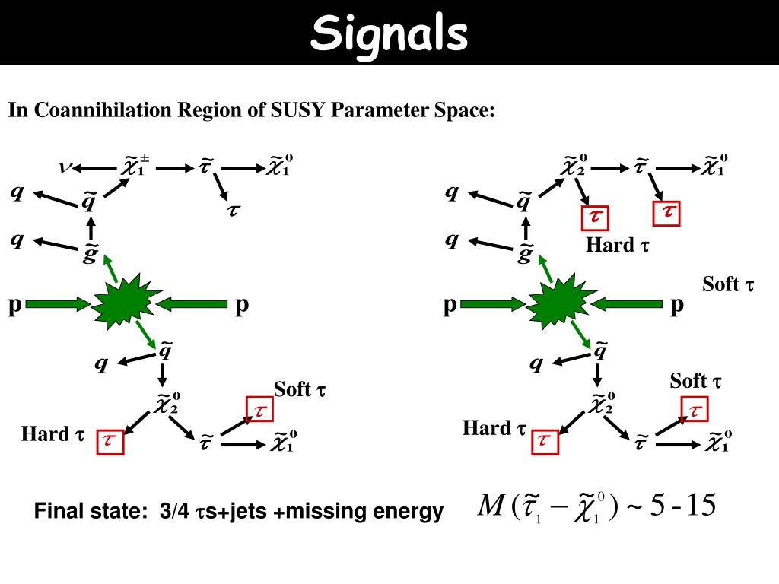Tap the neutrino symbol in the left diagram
click(66, 167)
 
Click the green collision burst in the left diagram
click(122, 304)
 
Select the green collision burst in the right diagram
click(558, 304)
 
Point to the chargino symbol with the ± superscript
click(134, 166)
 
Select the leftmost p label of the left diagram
click(14, 305)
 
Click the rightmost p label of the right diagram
click(677, 305)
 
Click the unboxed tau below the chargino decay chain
click(232, 210)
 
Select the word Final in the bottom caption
click(56, 513)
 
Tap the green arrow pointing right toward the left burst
click(57, 305)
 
